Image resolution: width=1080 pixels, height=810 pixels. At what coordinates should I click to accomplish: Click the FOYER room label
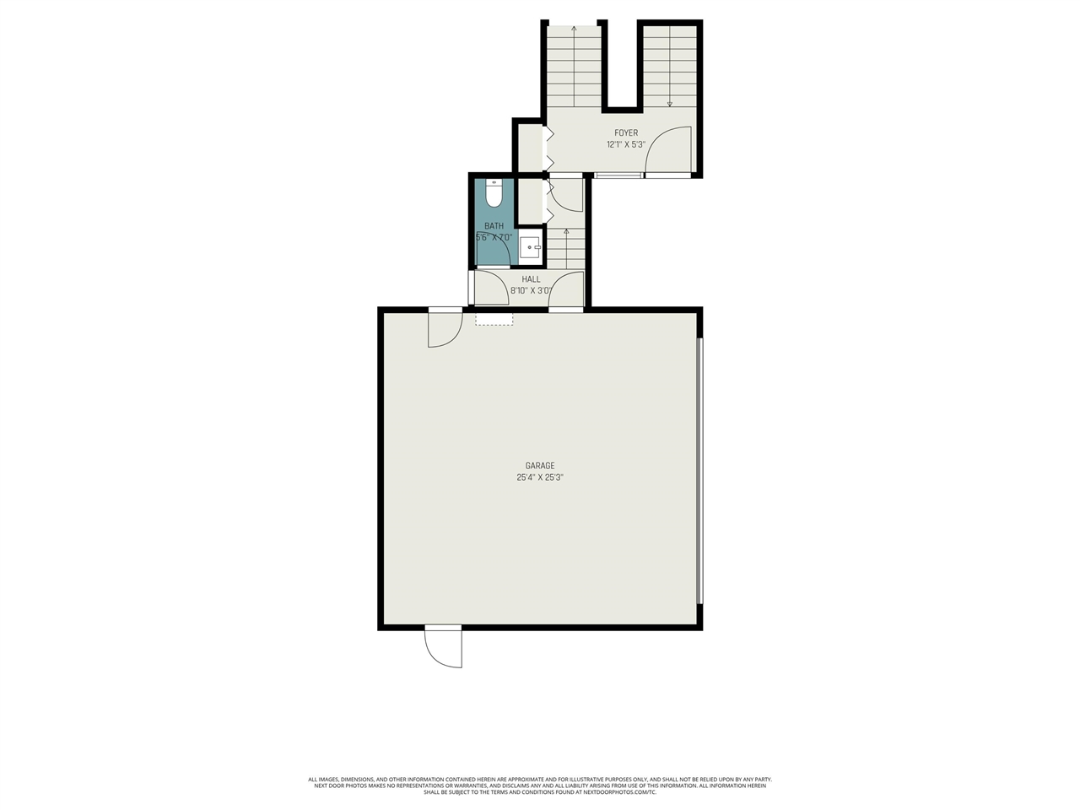click(626, 133)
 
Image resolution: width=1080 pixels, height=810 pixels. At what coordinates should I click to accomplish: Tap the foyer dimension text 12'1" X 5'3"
click(626, 144)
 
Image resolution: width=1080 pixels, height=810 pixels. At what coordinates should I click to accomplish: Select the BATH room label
click(494, 226)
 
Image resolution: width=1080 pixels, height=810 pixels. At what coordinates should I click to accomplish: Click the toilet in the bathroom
click(494, 193)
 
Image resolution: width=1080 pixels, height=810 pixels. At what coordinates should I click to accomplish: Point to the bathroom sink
click(530, 247)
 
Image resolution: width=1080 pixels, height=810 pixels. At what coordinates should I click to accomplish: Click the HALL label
click(531, 279)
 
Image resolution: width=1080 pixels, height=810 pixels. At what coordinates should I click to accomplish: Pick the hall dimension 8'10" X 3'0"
click(531, 291)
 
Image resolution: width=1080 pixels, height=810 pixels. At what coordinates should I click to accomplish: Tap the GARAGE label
click(540, 466)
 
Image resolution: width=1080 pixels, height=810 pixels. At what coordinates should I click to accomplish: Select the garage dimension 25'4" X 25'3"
click(540, 478)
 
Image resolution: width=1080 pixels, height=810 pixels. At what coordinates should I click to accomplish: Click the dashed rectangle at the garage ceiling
click(494, 319)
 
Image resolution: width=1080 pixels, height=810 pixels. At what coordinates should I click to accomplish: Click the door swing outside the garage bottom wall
click(443, 648)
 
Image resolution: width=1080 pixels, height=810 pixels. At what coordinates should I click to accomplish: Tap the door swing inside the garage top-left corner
click(445, 330)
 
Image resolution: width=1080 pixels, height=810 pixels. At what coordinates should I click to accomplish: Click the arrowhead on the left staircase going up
click(574, 30)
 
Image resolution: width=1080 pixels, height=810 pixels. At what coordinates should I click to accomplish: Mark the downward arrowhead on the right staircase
click(670, 104)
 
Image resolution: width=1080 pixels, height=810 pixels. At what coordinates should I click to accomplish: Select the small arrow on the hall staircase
click(566, 231)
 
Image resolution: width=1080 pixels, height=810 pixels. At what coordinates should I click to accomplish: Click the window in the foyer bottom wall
click(618, 175)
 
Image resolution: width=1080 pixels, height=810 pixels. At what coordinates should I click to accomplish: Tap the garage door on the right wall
click(699, 471)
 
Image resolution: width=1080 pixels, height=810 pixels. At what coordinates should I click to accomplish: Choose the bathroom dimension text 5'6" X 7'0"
click(494, 238)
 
